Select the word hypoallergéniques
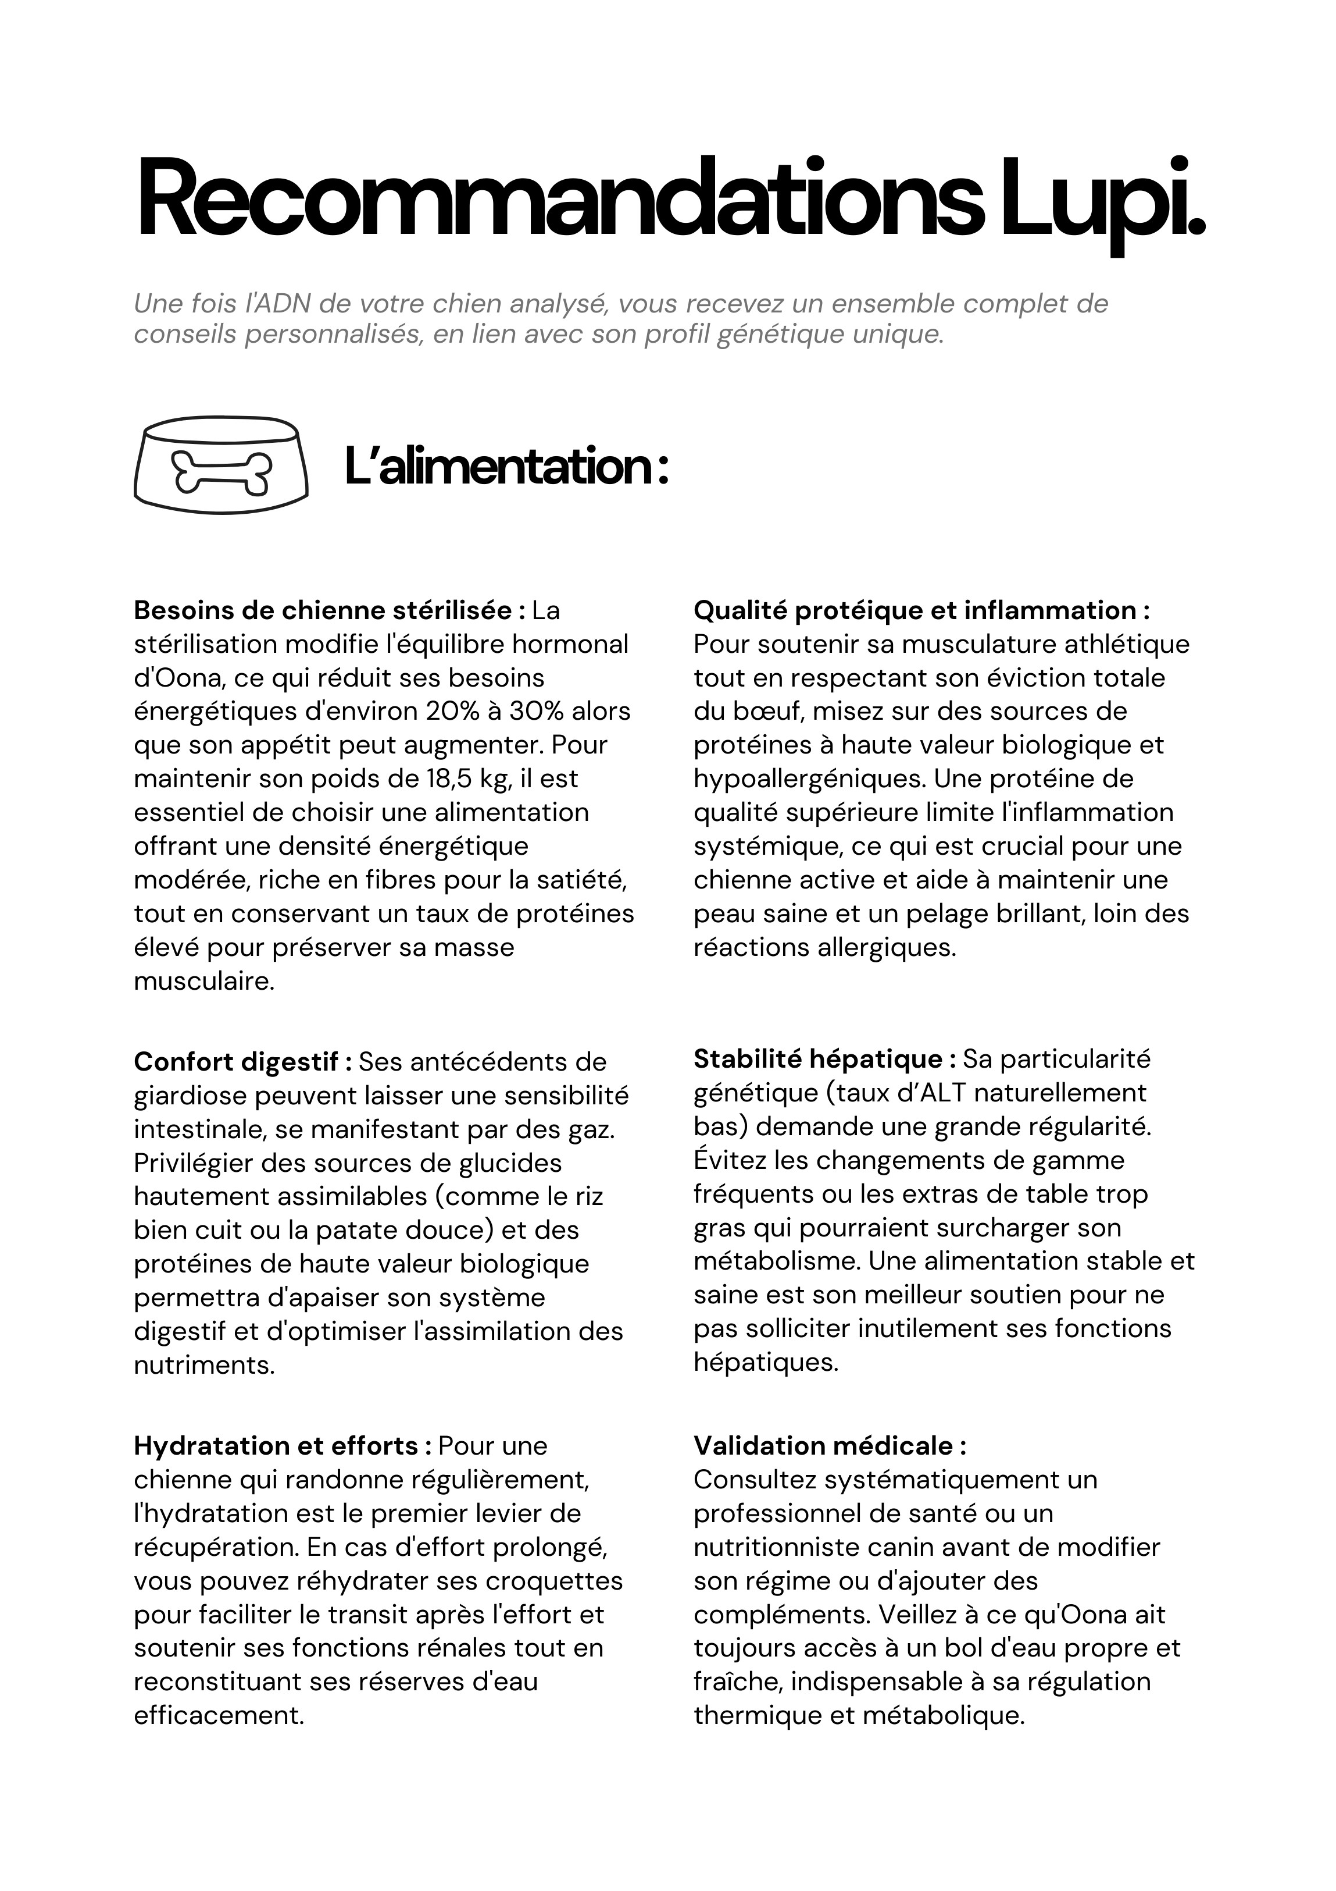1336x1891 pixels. coord(810,779)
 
